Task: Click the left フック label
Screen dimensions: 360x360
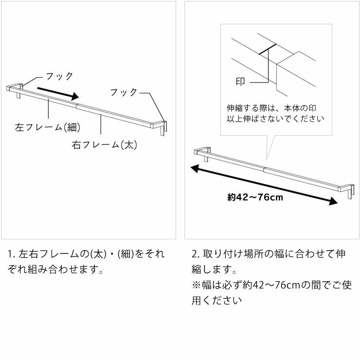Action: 59,76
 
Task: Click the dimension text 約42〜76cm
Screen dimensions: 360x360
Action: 254,198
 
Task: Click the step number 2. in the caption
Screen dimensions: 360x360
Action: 195,254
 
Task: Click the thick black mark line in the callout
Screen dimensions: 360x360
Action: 268,50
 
